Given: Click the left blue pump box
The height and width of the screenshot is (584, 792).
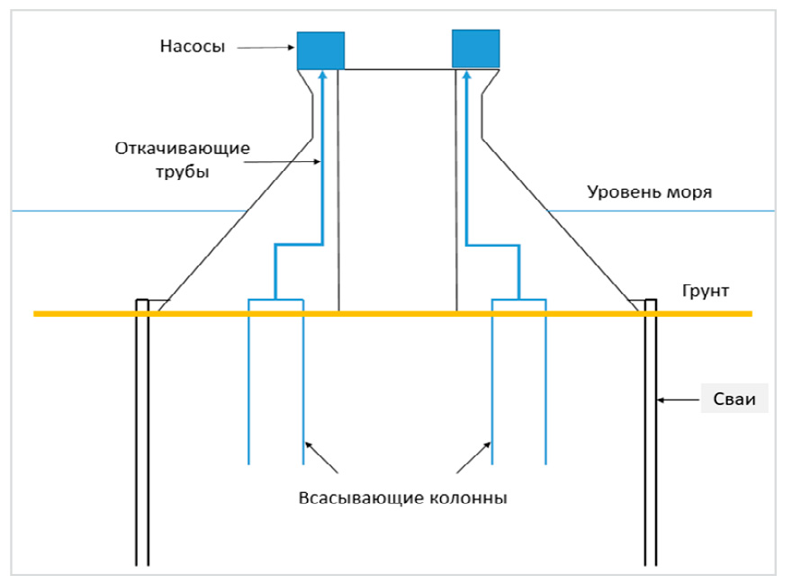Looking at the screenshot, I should click(x=320, y=50).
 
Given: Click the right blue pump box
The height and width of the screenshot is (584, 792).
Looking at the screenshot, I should click(x=475, y=49).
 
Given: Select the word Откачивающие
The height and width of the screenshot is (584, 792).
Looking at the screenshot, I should click(x=182, y=148).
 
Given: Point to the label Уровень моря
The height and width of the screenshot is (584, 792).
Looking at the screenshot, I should click(x=650, y=192).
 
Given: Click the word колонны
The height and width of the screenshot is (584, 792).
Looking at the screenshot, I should click(x=455, y=498).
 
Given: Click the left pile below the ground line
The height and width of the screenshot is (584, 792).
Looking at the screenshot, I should click(x=142, y=441).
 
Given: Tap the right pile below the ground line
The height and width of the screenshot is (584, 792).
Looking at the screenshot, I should click(x=650, y=441).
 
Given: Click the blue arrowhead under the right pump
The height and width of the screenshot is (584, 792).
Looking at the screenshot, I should click(x=465, y=76).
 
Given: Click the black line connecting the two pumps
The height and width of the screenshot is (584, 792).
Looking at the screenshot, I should click(x=398, y=69).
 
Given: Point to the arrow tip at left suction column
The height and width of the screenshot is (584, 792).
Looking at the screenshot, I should click(x=305, y=441).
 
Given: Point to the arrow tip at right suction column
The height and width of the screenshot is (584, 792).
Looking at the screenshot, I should click(x=490, y=441).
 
